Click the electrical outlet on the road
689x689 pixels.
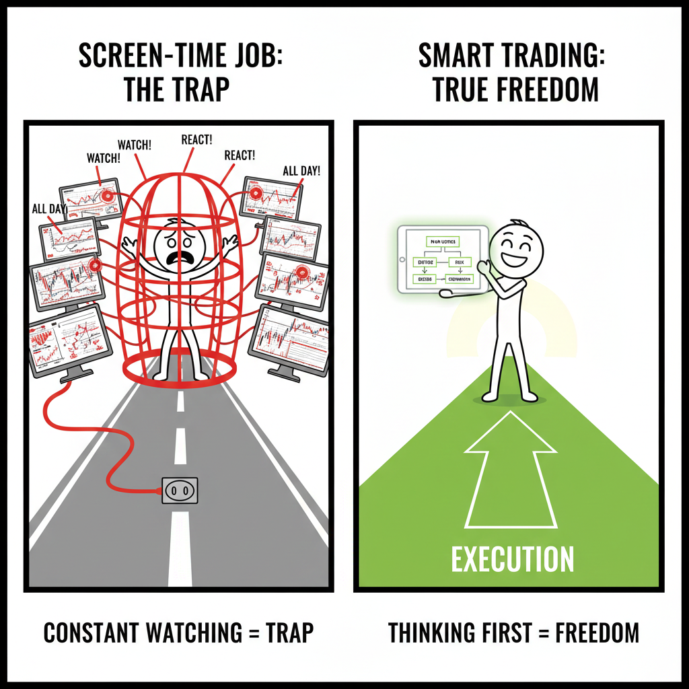[x=180, y=491]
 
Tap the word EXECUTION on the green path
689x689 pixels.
[x=512, y=559]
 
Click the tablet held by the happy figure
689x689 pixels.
[x=443, y=259]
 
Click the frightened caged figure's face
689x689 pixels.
[x=180, y=250]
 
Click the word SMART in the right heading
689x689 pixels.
[x=457, y=57]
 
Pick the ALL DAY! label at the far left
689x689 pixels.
[x=49, y=209]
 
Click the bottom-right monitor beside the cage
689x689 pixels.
[x=289, y=340]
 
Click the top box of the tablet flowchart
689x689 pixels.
[x=441, y=240]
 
